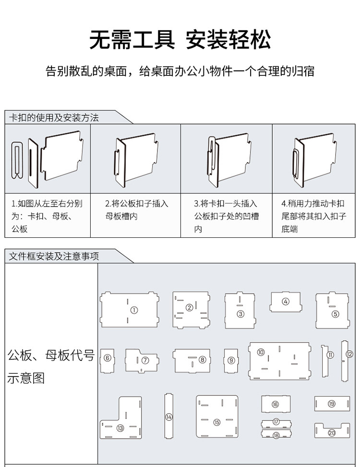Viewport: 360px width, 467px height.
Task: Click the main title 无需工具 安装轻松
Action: coord(180,40)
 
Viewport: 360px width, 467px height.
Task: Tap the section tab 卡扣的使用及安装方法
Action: coord(54,118)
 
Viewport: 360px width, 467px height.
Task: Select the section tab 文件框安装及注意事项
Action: coord(54,256)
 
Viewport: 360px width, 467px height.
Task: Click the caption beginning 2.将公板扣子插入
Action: coord(136,210)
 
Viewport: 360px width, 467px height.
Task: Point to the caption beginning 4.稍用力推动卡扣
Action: coord(313,216)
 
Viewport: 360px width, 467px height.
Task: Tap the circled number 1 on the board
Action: coord(134,310)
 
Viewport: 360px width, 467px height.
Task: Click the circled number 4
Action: coord(286,302)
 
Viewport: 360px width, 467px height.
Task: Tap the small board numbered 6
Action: coord(108,359)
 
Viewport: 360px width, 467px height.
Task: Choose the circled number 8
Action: coord(203,359)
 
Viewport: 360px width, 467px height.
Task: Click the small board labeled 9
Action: coord(231,360)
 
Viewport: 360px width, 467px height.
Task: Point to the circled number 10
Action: coord(261,353)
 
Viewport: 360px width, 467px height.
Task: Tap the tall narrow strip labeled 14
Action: coord(168,417)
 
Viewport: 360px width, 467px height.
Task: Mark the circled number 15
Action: coord(217,422)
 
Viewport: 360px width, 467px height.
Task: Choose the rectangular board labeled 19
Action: coord(332,404)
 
